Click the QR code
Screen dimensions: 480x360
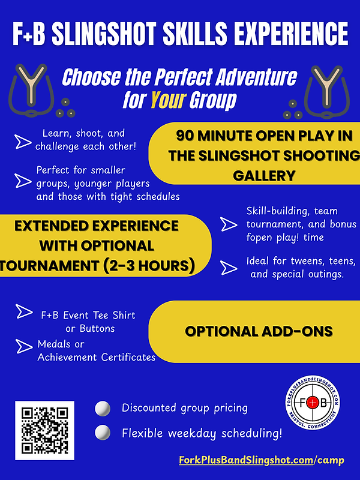point(44,430)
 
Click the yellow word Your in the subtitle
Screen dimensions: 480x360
point(167,100)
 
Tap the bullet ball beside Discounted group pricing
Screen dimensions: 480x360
point(103,409)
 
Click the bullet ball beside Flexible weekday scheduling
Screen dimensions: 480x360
point(103,432)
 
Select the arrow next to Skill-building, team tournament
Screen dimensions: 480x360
point(229,224)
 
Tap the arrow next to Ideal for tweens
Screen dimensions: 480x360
point(229,268)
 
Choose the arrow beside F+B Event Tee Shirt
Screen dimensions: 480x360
point(23,312)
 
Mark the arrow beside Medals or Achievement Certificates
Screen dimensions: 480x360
point(23,346)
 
